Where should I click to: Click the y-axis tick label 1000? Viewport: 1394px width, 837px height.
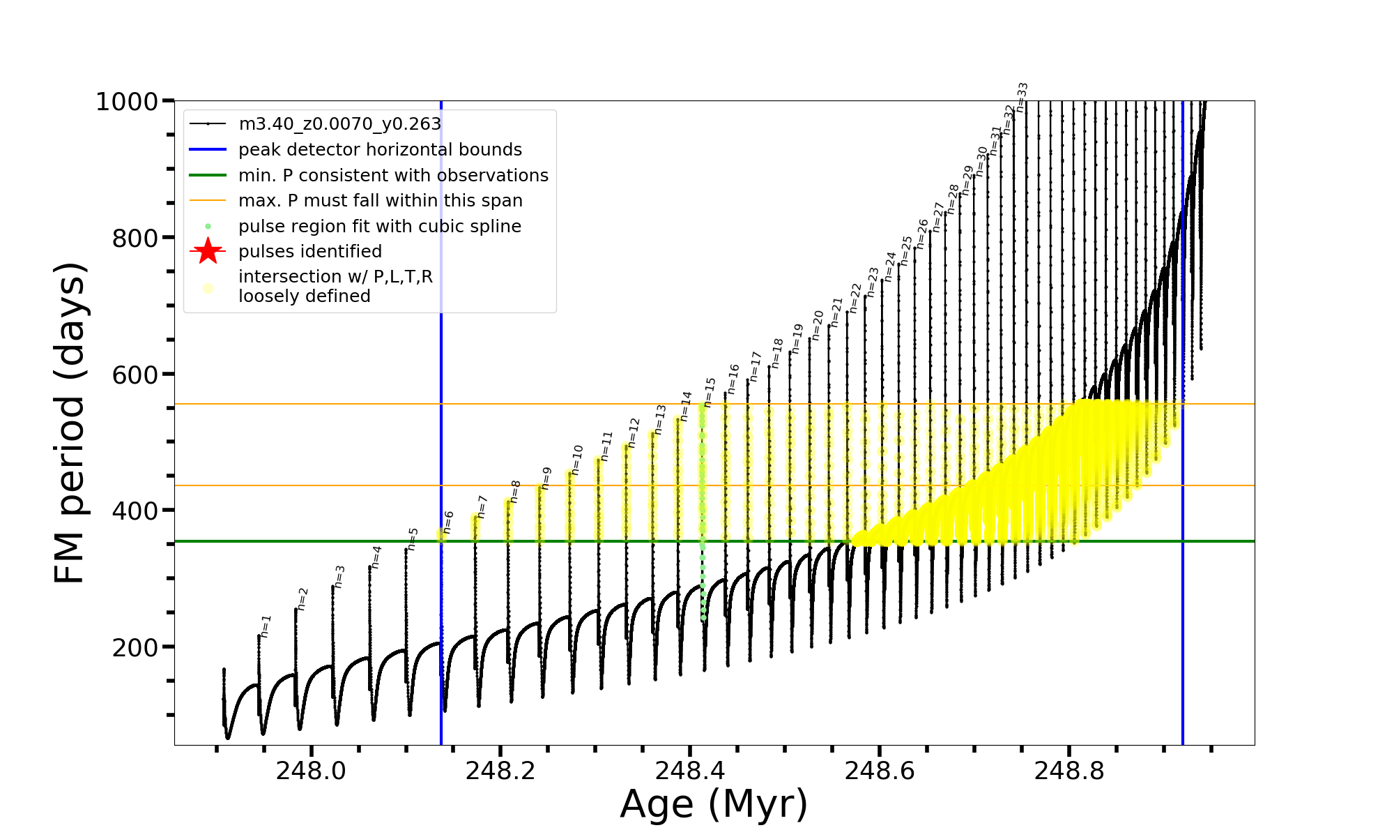tap(127, 102)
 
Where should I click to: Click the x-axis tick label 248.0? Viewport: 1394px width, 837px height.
tap(311, 770)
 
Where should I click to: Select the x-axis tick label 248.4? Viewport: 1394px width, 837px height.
tap(689, 770)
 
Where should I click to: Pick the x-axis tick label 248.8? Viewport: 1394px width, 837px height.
tap(1069, 770)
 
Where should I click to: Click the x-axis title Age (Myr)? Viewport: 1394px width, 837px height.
tap(714, 804)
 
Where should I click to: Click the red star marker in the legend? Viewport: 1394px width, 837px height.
tap(208, 251)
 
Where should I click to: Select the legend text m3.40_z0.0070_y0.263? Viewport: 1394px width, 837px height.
tap(339, 124)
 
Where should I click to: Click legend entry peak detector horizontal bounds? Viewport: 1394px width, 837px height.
tap(380, 150)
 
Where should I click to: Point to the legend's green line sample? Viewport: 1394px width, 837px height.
tap(208, 175)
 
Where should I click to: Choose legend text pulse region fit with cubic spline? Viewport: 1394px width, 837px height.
tap(379, 227)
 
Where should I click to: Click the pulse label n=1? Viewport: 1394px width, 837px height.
tap(266, 626)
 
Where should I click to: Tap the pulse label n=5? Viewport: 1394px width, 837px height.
tap(413, 538)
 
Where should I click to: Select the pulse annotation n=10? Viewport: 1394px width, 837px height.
tap(577, 460)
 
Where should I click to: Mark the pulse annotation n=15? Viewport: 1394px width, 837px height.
tap(710, 392)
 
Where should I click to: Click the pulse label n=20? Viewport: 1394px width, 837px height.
tap(818, 325)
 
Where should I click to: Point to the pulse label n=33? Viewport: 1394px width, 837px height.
tap(1022, 97)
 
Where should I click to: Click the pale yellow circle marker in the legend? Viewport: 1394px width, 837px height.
tap(208, 287)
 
